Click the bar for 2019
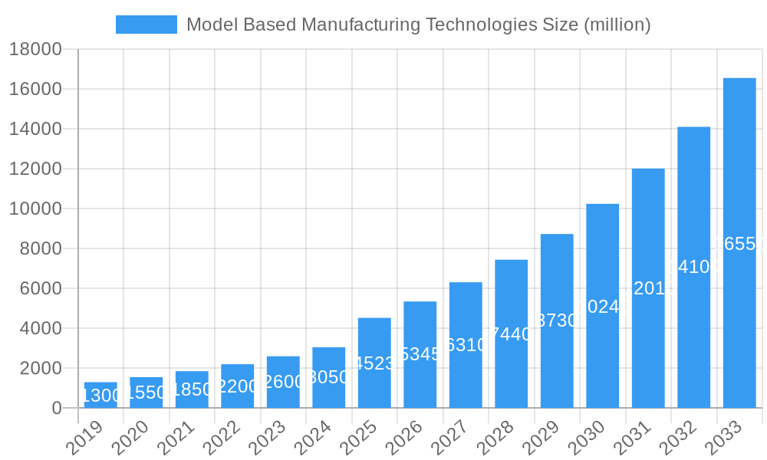pos(100,395)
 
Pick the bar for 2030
pos(603,306)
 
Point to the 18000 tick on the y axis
pos(35,50)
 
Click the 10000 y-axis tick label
pos(35,209)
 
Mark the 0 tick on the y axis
pos(57,409)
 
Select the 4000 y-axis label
pos(35,328)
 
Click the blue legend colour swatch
pos(146,25)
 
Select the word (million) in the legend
pos(617,25)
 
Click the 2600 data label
pos(283,382)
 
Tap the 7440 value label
pos(512,333)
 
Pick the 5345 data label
pos(420,354)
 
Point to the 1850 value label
pos(192,389)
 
